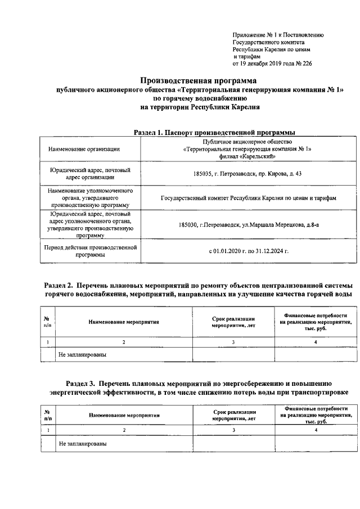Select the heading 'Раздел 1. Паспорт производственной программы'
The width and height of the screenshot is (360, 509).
tap(214, 132)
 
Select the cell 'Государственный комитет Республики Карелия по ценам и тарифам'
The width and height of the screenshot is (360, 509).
tap(247, 199)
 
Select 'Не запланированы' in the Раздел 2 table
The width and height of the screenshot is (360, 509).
tap(83, 355)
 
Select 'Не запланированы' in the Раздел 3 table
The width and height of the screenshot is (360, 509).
tap(83, 444)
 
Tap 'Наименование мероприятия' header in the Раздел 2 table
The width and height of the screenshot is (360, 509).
tap(124, 322)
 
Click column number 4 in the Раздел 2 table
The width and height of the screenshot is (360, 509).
tap(316, 341)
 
